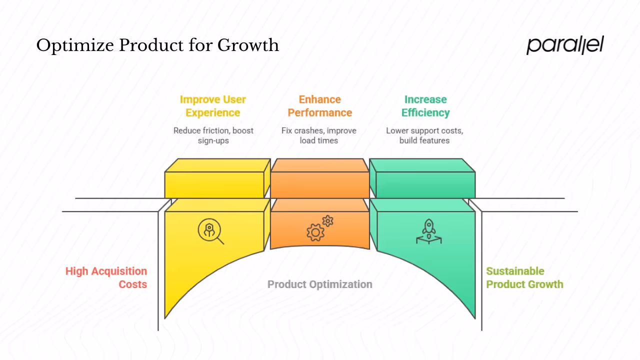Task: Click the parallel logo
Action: pyautogui.click(x=565, y=45)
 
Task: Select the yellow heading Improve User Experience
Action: pyautogui.click(x=213, y=106)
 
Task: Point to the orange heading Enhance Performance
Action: pyautogui.click(x=320, y=106)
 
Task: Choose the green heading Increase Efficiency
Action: pyautogui.click(x=425, y=106)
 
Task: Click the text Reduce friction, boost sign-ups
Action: pyautogui.click(x=213, y=135)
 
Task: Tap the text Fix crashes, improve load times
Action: pyautogui.click(x=319, y=135)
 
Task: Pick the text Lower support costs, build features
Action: pyautogui.click(x=424, y=135)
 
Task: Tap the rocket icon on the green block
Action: pyautogui.click(x=428, y=231)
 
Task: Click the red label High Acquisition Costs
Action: pyautogui.click(x=106, y=277)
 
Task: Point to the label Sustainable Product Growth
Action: pyautogui.click(x=524, y=277)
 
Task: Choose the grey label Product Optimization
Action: pyautogui.click(x=320, y=284)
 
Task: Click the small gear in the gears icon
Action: pyautogui.click(x=327, y=220)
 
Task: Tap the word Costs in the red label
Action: pyautogui.click(x=132, y=284)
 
